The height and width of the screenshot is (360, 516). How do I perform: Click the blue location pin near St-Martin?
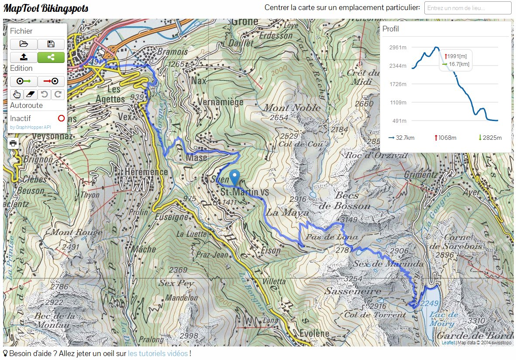coord(235,177)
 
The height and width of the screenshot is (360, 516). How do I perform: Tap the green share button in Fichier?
coord(51,57)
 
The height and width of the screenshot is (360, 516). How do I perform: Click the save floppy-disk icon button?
coord(51,44)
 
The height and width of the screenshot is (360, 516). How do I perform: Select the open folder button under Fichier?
coord(24,44)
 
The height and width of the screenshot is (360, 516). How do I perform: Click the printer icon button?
coord(13,143)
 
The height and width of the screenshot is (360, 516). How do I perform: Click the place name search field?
coord(468,8)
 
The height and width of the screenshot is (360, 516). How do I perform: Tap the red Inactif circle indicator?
coord(61,118)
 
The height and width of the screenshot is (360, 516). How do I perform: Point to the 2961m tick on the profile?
coord(398,48)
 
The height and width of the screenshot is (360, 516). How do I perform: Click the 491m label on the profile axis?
coord(398,121)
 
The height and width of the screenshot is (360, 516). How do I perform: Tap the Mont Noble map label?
coord(292,108)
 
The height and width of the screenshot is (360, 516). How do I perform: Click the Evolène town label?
coord(314,334)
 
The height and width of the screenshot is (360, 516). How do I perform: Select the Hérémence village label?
coord(146,172)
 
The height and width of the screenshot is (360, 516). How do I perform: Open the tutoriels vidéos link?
coord(158,353)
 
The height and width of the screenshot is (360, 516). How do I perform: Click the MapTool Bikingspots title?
coord(46,8)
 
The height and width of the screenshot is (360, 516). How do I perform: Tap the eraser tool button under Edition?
coord(30,94)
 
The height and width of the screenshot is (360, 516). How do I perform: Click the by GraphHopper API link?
coord(31,127)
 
